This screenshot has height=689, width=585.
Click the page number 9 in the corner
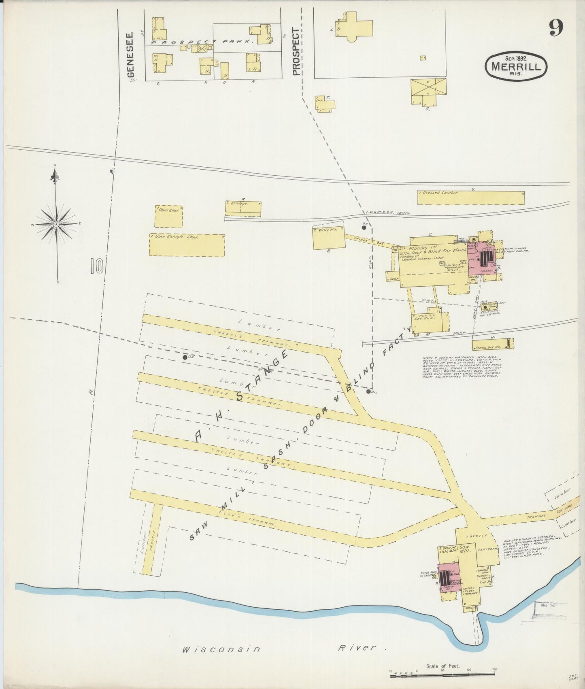pyautogui.click(x=556, y=28)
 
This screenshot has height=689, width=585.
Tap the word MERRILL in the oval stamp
pyautogui.click(x=517, y=67)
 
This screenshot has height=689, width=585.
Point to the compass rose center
pyautogui.click(x=56, y=223)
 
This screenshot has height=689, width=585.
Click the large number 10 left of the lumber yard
pyautogui.click(x=97, y=266)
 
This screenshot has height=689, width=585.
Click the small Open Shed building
pyautogui.click(x=169, y=216)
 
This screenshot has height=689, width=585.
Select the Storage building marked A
pyautogui.click(x=243, y=208)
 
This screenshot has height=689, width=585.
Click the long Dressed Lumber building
pyautogui.click(x=470, y=197)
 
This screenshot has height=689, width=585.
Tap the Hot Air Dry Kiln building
pyautogui.click(x=430, y=322)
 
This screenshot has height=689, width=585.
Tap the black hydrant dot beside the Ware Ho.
pyautogui.click(x=364, y=228)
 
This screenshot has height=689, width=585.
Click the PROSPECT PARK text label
pyautogui.click(x=202, y=42)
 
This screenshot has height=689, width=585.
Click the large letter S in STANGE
pyautogui.click(x=240, y=396)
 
